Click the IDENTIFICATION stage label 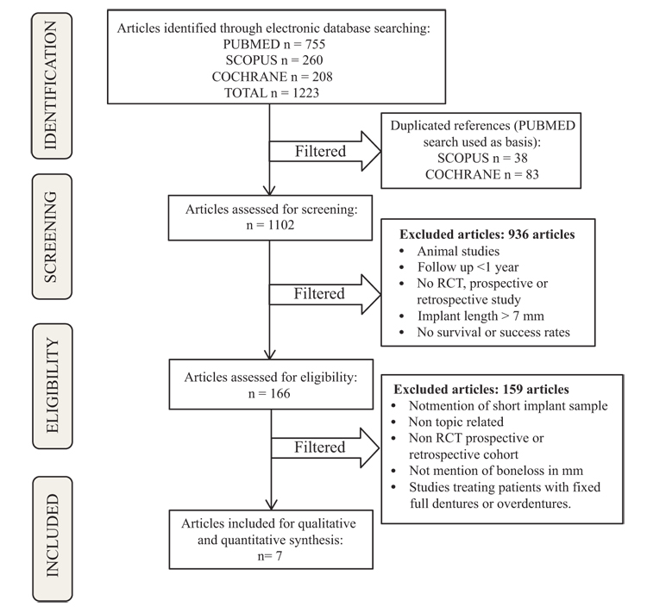[x=52, y=85]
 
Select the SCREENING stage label [x=52, y=236]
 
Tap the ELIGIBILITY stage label [x=53, y=385]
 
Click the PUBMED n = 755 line [x=274, y=44]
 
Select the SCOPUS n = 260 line [x=274, y=60]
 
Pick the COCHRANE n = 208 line [x=273, y=77]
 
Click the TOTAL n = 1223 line [x=272, y=93]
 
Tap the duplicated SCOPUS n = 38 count [x=482, y=158]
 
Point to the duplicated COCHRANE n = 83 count [x=482, y=174]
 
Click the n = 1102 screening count [x=270, y=225]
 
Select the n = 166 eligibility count [x=269, y=393]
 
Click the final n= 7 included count [x=270, y=556]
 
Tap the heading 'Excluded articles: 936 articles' [x=487, y=235]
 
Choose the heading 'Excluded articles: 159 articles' [x=481, y=390]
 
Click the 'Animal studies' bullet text [x=458, y=251]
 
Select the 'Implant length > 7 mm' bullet [x=481, y=316]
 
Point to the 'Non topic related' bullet [x=456, y=422]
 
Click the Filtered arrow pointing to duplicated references [x=324, y=152]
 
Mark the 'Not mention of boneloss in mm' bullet [x=496, y=471]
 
